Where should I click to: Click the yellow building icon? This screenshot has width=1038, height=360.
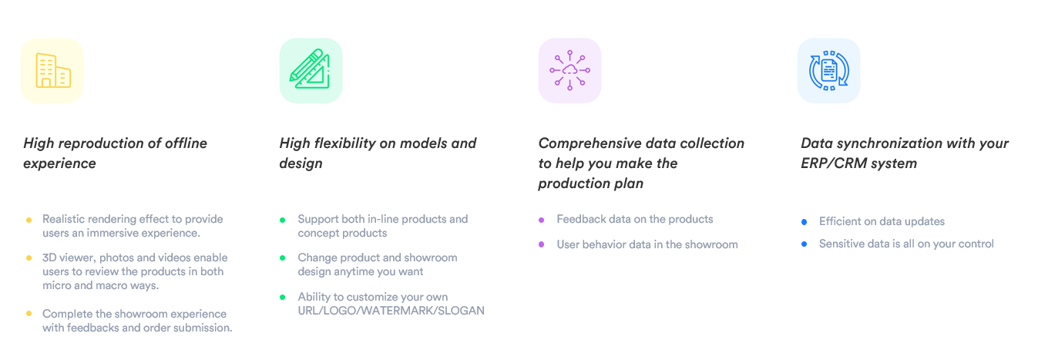tap(53, 70)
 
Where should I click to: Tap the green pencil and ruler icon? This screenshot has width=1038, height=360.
tap(311, 69)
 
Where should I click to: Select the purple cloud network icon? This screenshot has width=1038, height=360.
tap(569, 70)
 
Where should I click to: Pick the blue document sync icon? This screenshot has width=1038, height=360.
tap(828, 70)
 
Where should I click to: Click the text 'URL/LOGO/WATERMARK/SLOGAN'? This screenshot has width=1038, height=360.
tap(391, 311)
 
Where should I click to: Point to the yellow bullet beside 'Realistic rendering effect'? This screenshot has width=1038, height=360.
tap(29, 220)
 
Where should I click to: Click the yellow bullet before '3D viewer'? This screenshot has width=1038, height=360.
tap(29, 258)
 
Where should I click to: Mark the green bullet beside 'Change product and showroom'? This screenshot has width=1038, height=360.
tap(282, 258)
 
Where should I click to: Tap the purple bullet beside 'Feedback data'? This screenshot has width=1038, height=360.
tap(541, 220)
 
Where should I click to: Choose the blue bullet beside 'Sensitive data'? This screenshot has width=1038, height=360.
tap(804, 244)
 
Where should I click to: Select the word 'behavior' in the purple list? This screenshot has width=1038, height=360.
tap(605, 244)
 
